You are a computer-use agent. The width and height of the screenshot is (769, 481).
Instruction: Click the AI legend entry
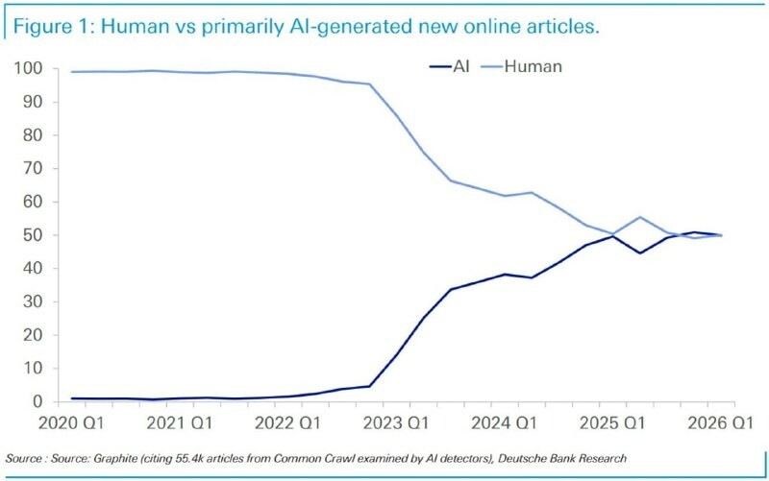pyautogui.click(x=449, y=66)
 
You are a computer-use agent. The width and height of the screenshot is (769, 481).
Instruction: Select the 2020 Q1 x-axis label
pyautogui.click(x=71, y=422)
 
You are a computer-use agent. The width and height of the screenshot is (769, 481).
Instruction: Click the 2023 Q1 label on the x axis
pyautogui.click(x=396, y=422)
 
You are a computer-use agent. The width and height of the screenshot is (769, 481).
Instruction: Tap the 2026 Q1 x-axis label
pyautogui.click(x=720, y=422)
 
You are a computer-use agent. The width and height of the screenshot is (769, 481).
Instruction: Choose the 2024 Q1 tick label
pyautogui.click(x=504, y=422)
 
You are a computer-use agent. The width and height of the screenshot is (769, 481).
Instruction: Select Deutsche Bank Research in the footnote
pyautogui.click(x=562, y=459)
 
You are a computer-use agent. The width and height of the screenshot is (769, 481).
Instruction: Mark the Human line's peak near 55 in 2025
pyautogui.click(x=640, y=217)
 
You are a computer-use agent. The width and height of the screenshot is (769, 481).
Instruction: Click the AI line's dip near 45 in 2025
pyautogui.click(x=640, y=253)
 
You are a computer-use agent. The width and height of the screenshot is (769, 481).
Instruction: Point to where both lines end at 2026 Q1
pyautogui.click(x=721, y=235)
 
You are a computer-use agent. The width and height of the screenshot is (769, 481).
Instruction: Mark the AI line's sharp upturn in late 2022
pyautogui.click(x=369, y=387)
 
